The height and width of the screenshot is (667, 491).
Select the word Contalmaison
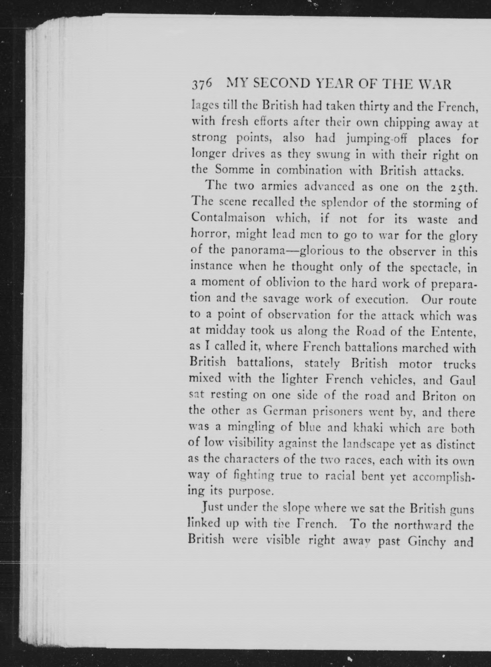point(228,218)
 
